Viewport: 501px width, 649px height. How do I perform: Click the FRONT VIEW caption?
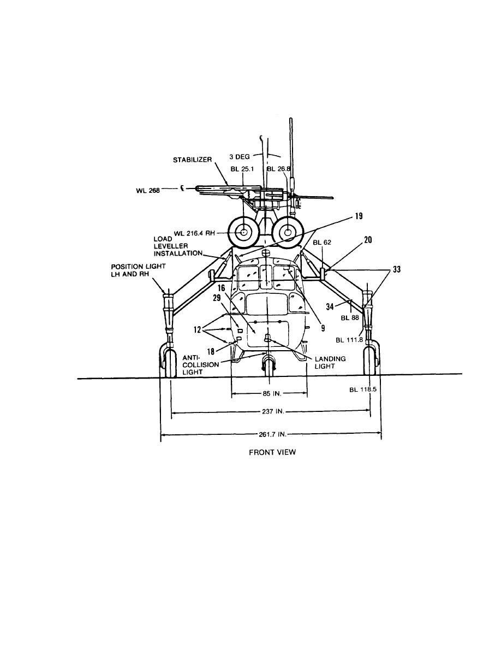(x=272, y=452)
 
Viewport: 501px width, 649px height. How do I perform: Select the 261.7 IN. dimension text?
(x=272, y=435)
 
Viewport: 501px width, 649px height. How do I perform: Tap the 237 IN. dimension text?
(x=273, y=411)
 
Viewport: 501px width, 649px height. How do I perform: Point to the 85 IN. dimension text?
(x=271, y=394)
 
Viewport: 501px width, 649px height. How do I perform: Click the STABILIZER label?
(x=192, y=160)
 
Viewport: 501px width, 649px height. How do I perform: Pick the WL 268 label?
(x=147, y=191)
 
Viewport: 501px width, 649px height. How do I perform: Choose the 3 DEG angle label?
(x=240, y=157)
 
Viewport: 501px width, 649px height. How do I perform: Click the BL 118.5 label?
(x=362, y=390)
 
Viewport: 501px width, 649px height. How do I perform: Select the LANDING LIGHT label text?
(x=330, y=363)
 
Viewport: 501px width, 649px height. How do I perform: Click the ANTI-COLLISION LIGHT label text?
(x=200, y=364)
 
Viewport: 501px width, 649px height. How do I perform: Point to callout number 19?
(x=359, y=216)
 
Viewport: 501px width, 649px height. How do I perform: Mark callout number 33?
(x=396, y=269)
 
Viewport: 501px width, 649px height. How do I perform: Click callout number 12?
(x=198, y=330)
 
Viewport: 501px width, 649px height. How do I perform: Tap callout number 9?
(x=323, y=328)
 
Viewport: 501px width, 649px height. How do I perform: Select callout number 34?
(x=330, y=306)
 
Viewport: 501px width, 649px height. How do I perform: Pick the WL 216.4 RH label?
(x=194, y=233)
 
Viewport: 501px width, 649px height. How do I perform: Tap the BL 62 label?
(x=322, y=242)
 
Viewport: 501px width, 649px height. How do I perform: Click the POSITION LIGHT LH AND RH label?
(x=138, y=270)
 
